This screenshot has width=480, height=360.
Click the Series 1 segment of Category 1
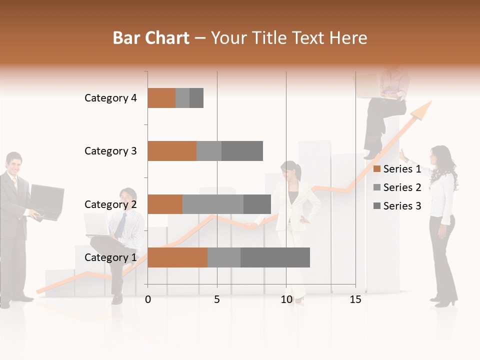coord(177,257)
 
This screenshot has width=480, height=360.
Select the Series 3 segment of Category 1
coord(275,257)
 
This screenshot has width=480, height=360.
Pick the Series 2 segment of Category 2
coord(213,204)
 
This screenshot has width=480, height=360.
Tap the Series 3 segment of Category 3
coord(242,151)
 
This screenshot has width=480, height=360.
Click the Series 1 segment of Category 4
coord(161,98)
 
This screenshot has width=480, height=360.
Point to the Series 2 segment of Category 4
coord(182,98)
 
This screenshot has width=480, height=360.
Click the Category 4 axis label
coord(110,98)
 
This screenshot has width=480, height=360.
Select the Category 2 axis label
coord(110,204)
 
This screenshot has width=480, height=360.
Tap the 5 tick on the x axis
coord(217,299)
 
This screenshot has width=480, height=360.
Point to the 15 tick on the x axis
coord(355,299)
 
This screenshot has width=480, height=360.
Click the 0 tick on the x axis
coord(148,299)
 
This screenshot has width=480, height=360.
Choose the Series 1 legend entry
coord(397,169)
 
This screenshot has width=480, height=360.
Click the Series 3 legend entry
coord(397,206)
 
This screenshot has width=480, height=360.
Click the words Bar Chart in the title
coord(151,37)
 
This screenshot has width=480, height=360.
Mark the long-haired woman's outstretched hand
coord(402,152)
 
